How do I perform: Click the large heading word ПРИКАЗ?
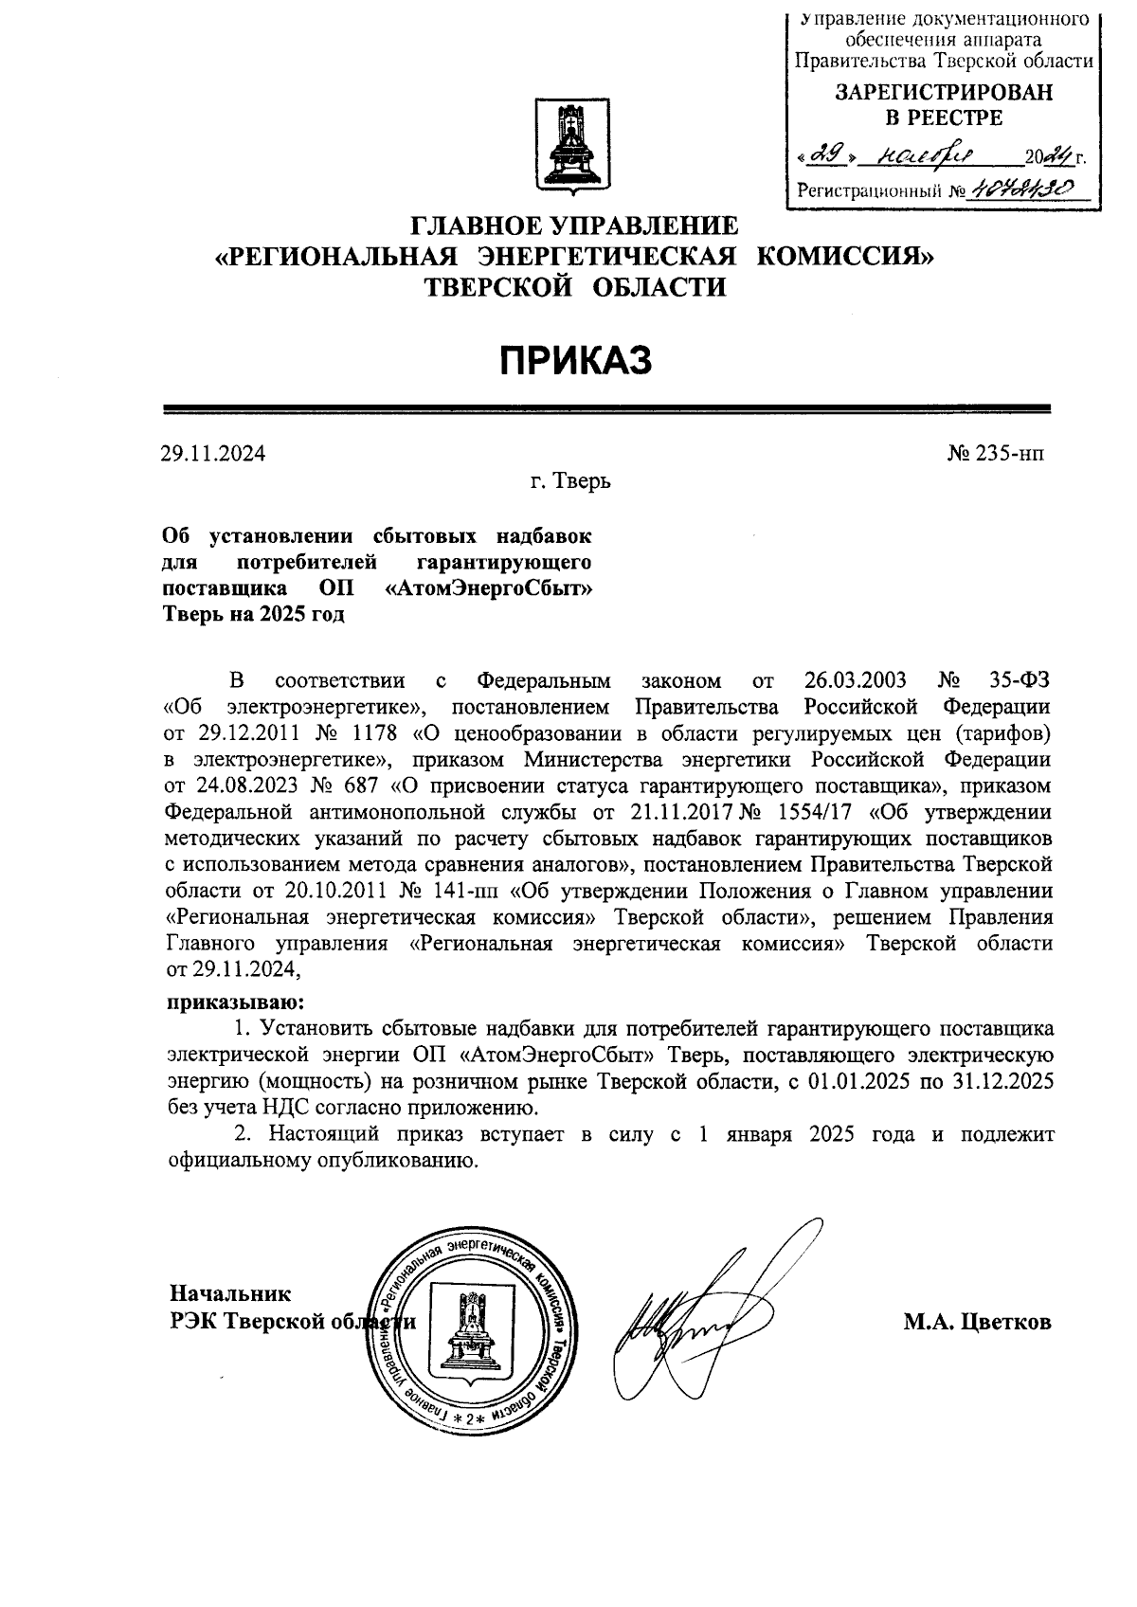point(575,360)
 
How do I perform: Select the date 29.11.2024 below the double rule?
point(212,453)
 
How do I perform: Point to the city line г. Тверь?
point(570,482)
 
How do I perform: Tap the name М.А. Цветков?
point(977,1322)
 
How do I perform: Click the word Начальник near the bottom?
point(230,1293)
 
